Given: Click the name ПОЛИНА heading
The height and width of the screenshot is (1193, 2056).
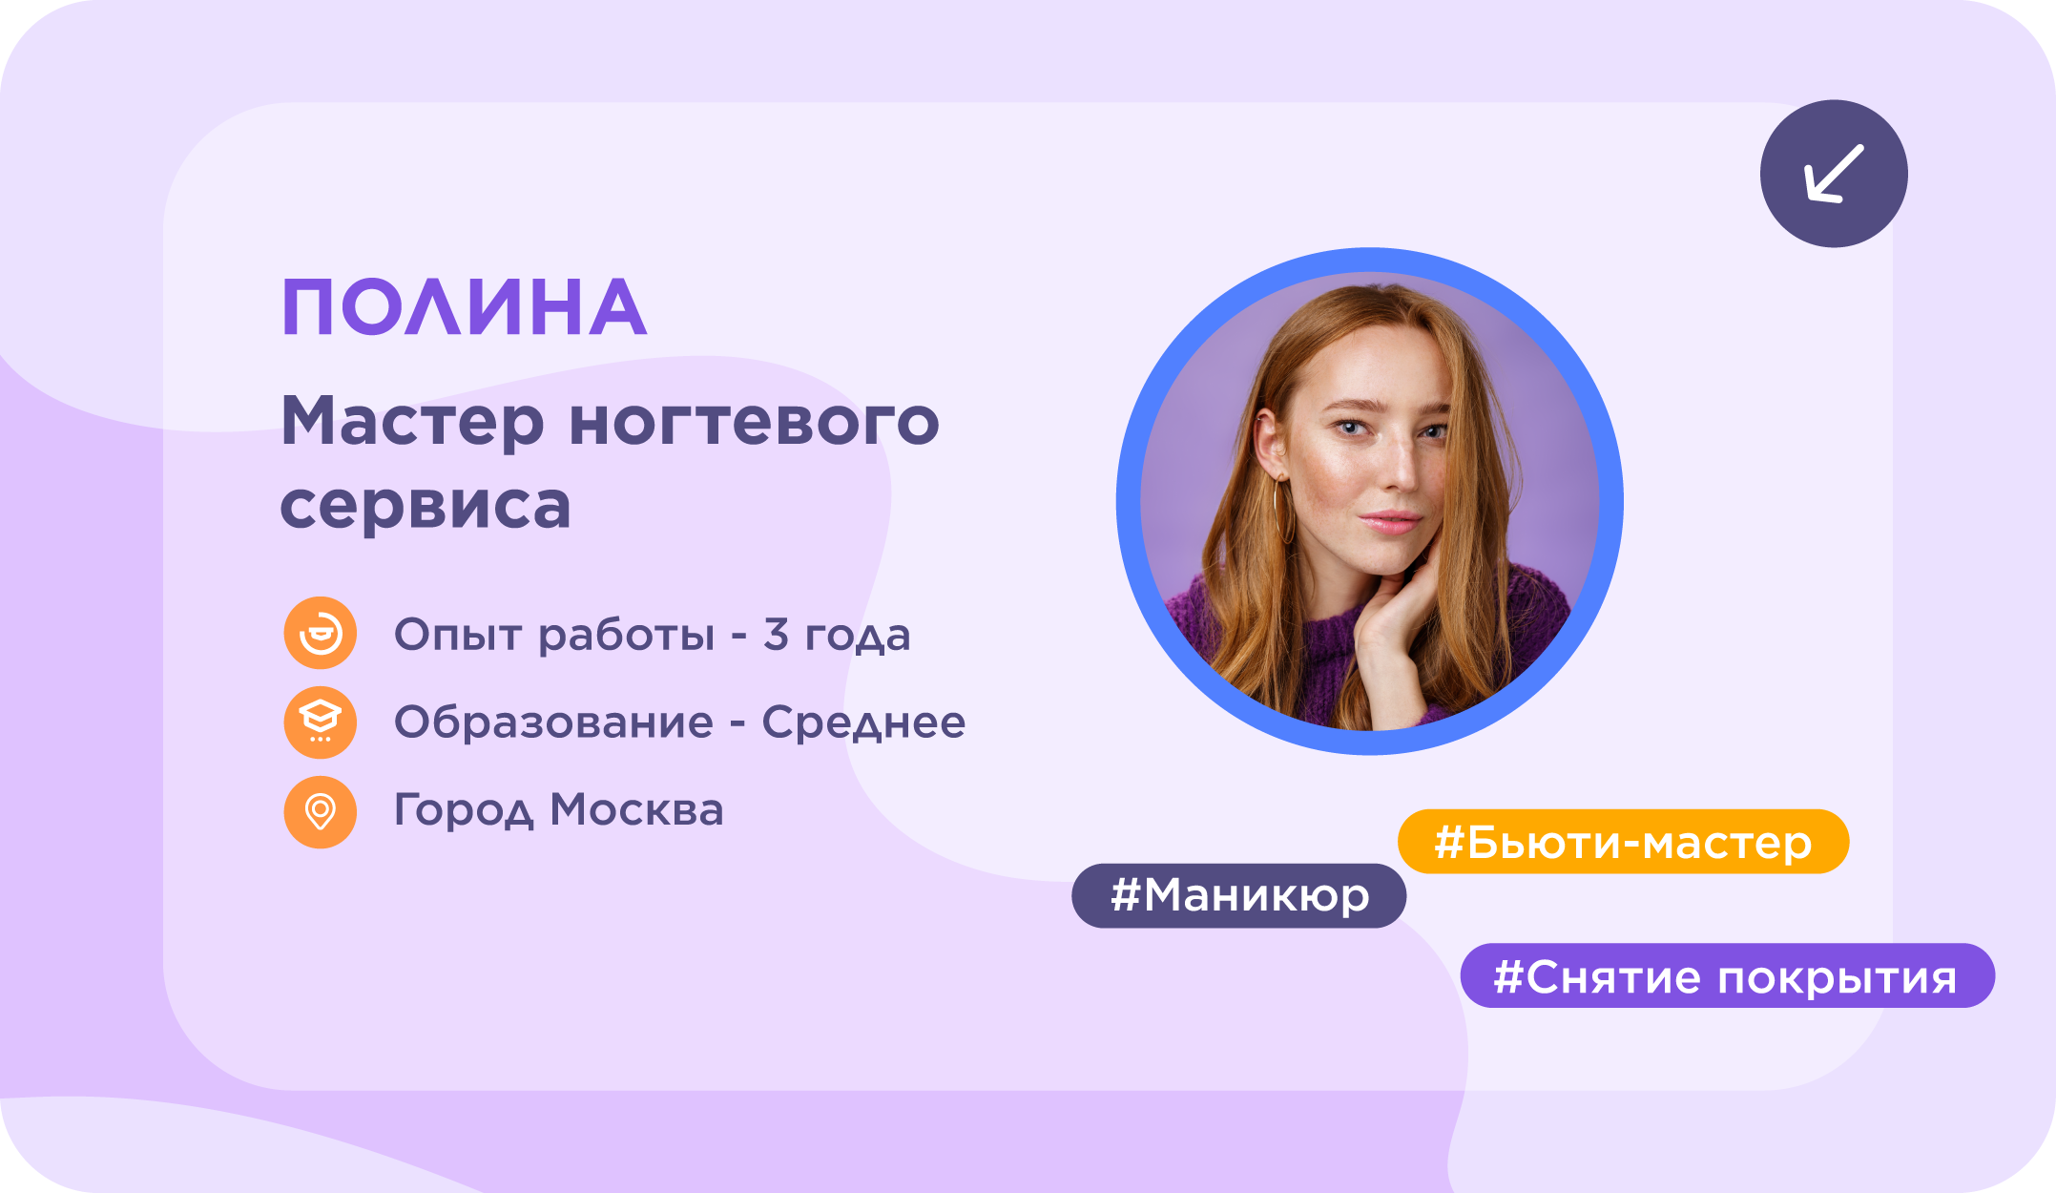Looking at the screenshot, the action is tap(465, 307).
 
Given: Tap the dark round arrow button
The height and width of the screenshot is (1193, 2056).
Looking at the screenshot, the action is tap(1834, 174).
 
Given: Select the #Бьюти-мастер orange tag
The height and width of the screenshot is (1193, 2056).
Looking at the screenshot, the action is tap(1623, 842).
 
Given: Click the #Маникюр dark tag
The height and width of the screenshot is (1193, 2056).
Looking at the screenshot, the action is tap(1238, 895).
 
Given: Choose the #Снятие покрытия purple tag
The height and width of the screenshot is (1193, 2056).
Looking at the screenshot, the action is tap(1727, 975).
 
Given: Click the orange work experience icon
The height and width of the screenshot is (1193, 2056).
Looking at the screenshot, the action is tap(321, 633).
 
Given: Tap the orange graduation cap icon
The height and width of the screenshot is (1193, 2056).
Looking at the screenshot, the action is tap(321, 722).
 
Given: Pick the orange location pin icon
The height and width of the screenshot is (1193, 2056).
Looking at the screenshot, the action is tap(321, 812).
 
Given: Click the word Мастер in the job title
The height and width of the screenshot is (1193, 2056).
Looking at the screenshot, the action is tap(413, 421).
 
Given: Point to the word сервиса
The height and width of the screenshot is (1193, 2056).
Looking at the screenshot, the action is tap(426, 506).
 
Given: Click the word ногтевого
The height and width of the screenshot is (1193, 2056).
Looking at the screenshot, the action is tap(755, 422).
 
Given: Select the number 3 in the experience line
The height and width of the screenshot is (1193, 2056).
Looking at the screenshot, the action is tap(776, 634).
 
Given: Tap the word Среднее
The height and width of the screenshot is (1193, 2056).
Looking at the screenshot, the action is tap(863, 722).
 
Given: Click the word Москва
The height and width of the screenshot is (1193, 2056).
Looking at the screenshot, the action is tap(636, 810).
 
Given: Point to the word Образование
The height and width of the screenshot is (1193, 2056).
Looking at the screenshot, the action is tap(553, 722).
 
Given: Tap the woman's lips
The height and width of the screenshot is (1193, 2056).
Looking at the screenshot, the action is tap(1391, 521).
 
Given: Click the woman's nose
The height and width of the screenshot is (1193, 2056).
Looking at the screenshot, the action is tap(1399, 464).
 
